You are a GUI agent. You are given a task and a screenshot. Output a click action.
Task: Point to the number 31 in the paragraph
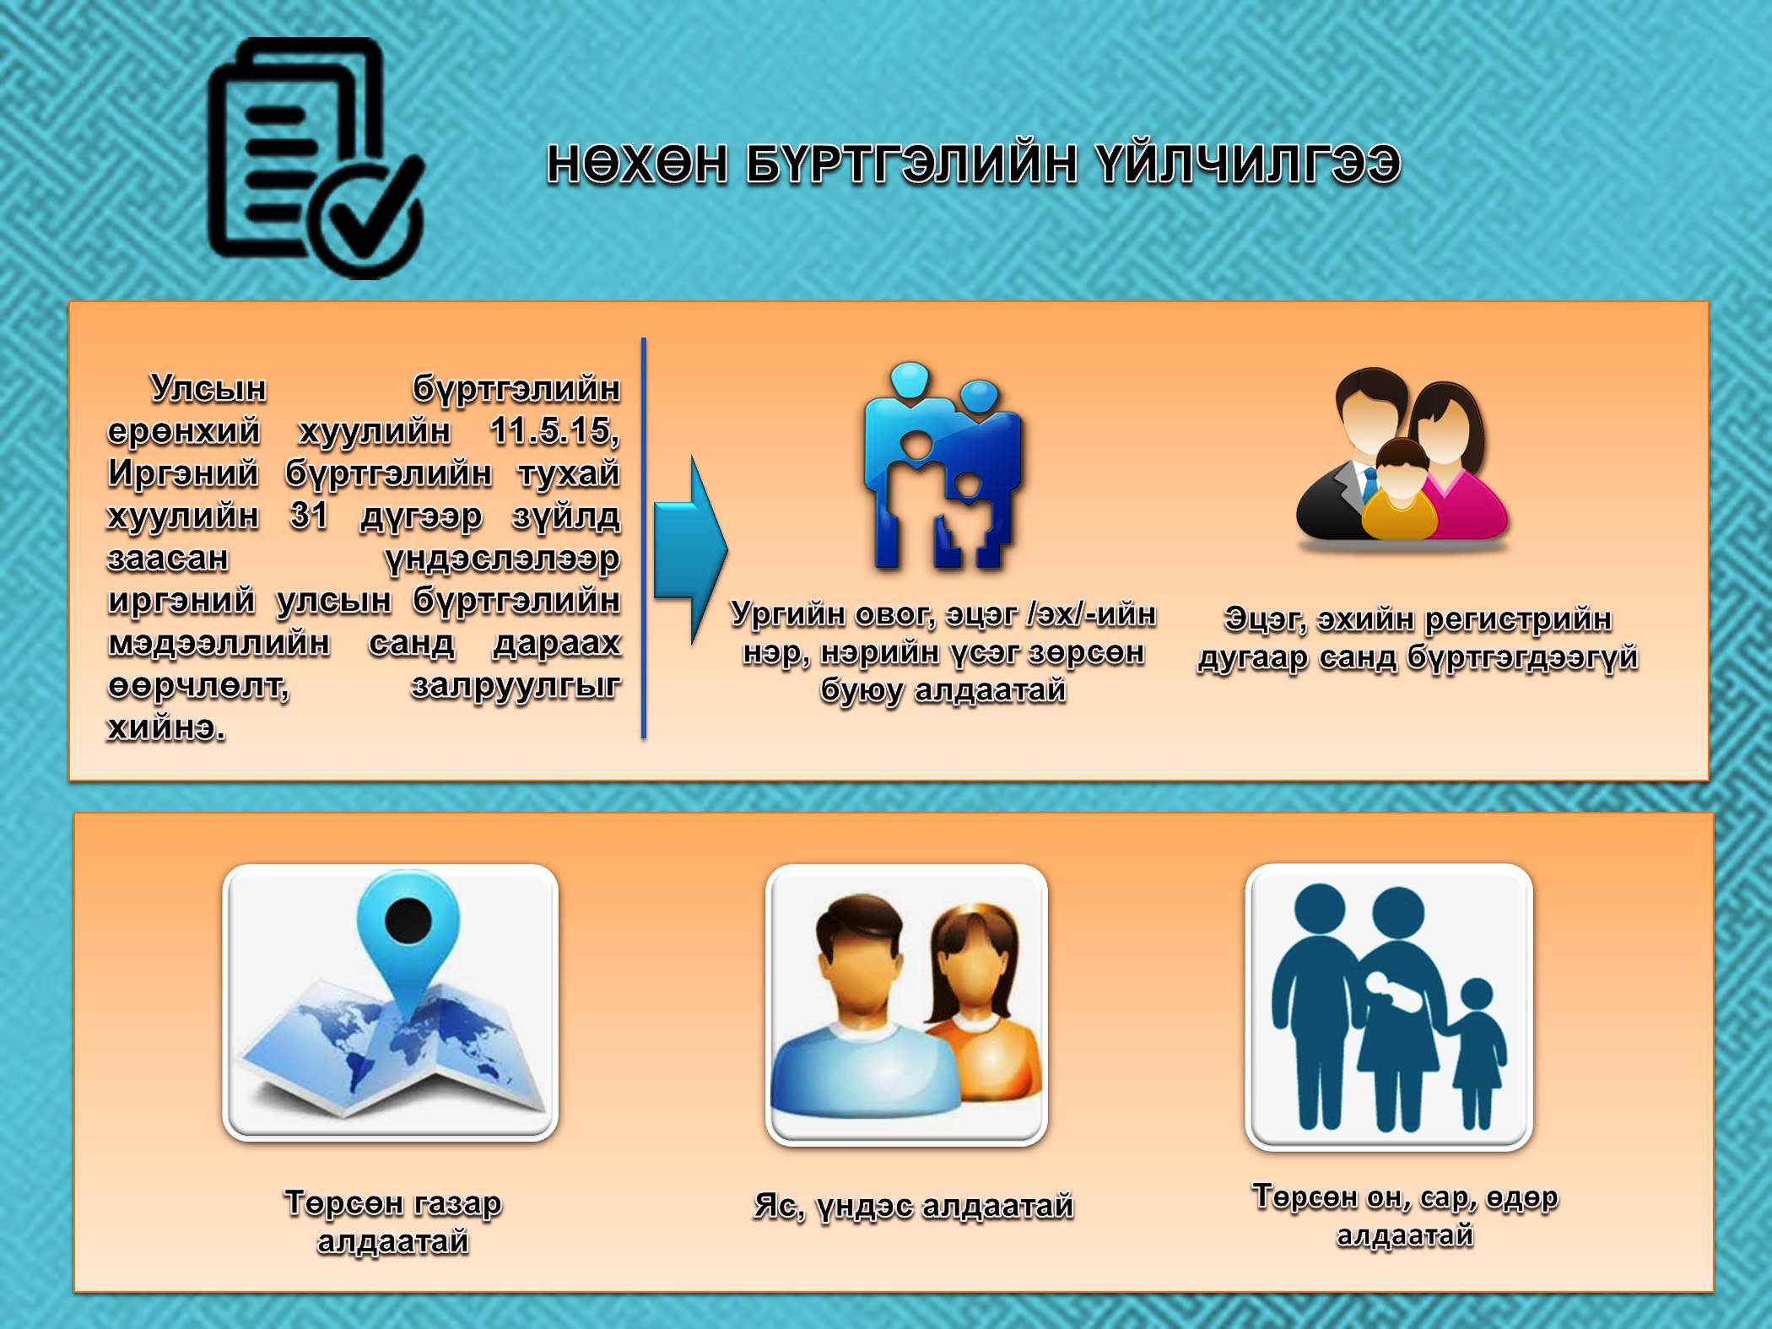(x=309, y=515)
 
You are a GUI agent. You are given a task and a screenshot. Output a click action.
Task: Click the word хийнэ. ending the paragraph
(x=166, y=727)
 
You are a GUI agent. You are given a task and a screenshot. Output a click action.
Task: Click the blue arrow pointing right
(x=690, y=550)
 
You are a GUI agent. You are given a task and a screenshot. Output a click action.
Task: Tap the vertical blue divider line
(x=644, y=538)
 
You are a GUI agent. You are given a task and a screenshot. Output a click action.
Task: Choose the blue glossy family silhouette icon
(x=942, y=466)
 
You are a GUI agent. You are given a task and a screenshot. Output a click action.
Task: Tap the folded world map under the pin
(x=390, y=1046)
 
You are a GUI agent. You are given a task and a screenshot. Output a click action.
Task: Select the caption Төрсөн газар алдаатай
(x=393, y=1222)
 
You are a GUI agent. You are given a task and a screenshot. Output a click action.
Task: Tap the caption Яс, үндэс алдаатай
(x=914, y=1206)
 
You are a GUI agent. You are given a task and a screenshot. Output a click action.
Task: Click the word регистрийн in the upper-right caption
(x=1518, y=619)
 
